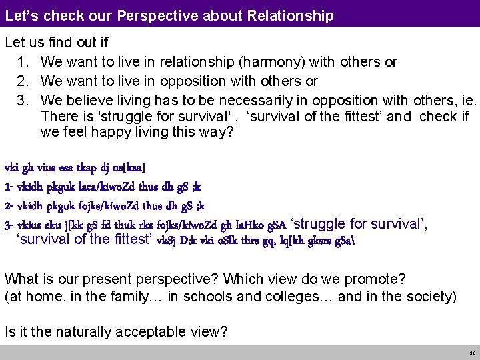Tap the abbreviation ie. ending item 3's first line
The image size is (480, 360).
469,99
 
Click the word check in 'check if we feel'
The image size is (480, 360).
437,116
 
